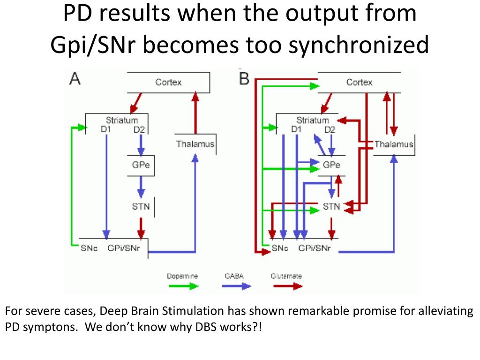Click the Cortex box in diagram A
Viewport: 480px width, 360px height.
click(168, 82)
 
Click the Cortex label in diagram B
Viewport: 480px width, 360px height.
click(359, 82)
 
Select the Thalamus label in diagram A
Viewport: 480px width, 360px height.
click(195, 144)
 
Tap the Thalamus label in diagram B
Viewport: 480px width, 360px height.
click(394, 144)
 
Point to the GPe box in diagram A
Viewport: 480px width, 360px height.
click(141, 165)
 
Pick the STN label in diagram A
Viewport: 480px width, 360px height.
click(141, 206)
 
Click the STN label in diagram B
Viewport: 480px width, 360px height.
click(332, 206)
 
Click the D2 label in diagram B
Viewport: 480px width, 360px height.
click(330, 130)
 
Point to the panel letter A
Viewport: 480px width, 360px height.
click(75, 79)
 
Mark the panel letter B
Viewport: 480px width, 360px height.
click(244, 79)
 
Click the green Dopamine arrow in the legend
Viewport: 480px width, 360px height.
click(183, 286)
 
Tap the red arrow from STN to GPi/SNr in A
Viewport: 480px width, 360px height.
click(141, 227)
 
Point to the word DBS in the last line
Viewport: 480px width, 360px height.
click(203, 327)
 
